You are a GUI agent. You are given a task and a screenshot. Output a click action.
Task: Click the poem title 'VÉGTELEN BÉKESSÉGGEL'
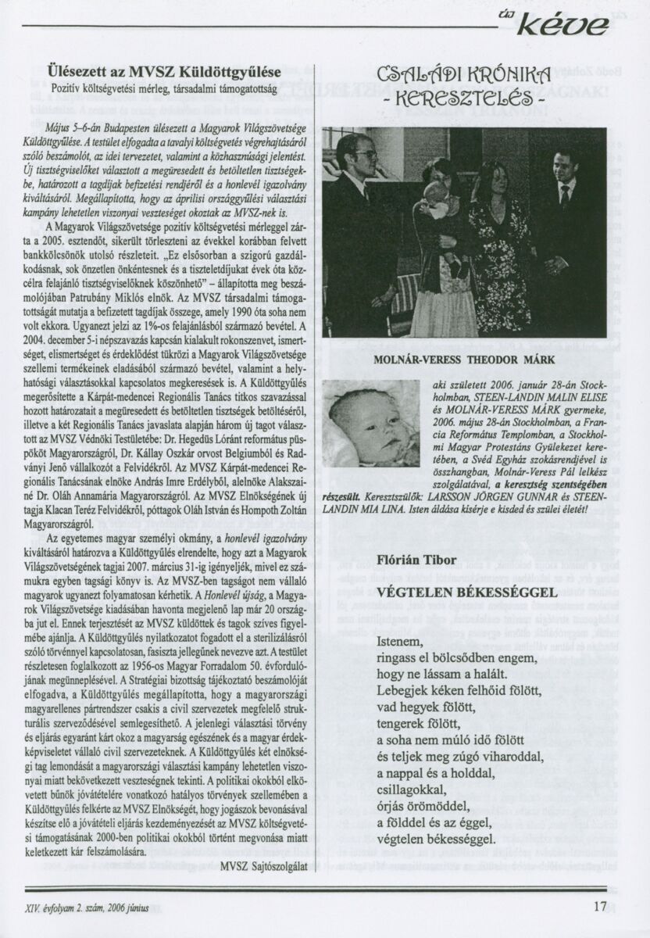(x=467, y=593)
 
